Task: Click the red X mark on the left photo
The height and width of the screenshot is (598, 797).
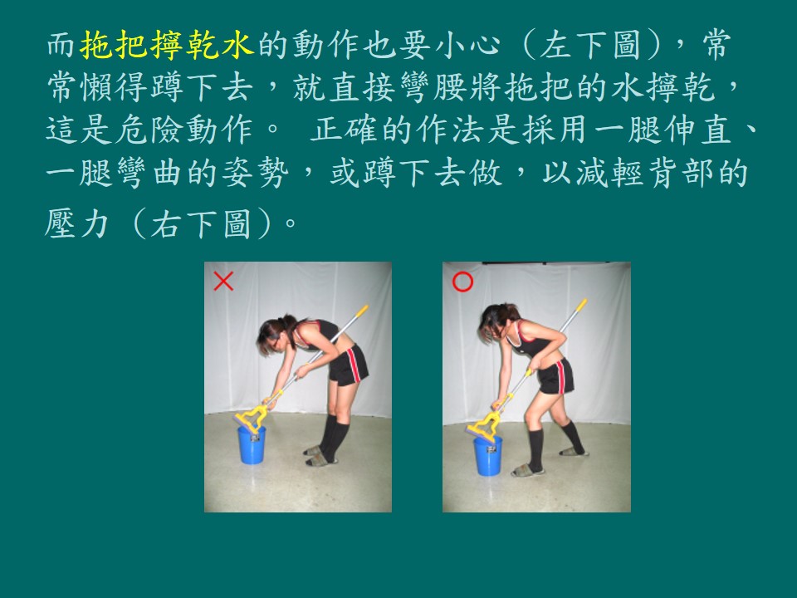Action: (x=223, y=282)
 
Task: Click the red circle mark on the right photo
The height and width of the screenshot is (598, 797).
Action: (x=462, y=282)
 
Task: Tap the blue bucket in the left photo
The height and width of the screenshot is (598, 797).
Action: (x=252, y=445)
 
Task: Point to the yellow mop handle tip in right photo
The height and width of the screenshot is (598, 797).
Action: (x=581, y=305)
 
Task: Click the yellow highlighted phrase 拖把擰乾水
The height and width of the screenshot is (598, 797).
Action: (x=166, y=45)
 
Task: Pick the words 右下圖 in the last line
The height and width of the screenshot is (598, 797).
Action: (x=201, y=223)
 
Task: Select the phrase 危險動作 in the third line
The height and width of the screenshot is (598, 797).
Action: (x=183, y=130)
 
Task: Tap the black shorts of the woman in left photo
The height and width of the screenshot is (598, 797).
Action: (x=349, y=365)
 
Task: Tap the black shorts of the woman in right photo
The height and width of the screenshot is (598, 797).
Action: (x=556, y=376)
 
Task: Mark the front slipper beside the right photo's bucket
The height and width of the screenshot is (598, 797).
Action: (x=527, y=470)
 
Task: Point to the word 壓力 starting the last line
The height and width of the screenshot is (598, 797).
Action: (x=77, y=223)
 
